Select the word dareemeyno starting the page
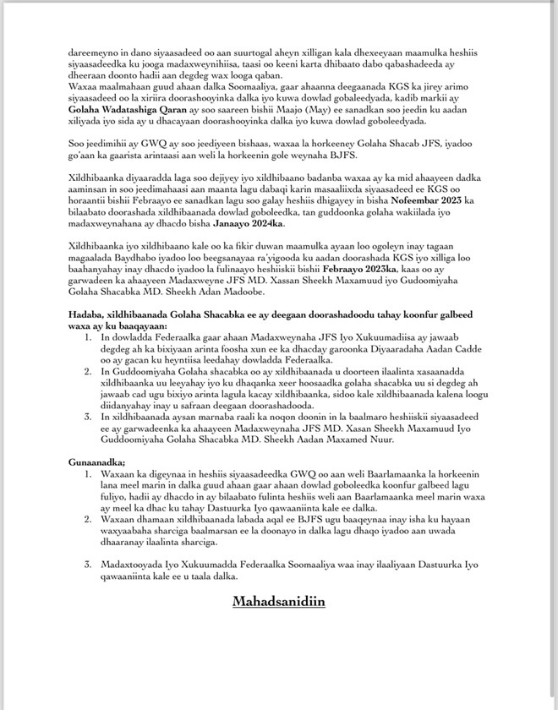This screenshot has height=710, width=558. [x=96, y=52]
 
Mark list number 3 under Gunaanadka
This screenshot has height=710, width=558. [x=90, y=562]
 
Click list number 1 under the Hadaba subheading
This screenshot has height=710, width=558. [x=90, y=335]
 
